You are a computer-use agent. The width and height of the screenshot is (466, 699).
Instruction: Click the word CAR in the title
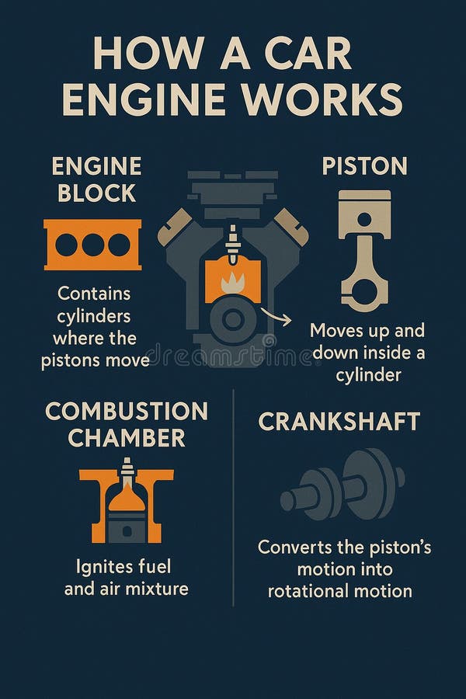click(308, 54)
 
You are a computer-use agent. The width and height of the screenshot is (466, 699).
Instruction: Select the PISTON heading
click(364, 166)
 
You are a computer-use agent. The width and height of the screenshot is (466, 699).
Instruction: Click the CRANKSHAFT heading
click(339, 421)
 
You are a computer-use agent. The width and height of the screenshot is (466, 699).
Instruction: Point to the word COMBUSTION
click(127, 412)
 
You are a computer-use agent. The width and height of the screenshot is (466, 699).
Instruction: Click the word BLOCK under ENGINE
click(96, 193)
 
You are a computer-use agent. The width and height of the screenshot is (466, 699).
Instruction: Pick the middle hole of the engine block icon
click(92, 245)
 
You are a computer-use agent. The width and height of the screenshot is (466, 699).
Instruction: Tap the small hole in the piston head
click(364, 219)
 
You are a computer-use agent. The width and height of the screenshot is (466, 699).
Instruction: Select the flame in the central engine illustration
click(233, 283)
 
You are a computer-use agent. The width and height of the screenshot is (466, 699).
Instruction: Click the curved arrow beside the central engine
click(276, 316)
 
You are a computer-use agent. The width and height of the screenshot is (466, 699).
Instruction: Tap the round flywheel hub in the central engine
click(233, 320)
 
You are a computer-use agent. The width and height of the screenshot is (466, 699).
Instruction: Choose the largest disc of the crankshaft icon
click(370, 484)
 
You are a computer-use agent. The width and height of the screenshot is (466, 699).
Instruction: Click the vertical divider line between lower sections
click(233, 498)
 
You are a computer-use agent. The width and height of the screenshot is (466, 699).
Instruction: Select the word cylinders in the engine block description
click(94, 317)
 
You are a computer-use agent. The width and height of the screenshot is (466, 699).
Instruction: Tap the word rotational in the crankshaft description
click(304, 591)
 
